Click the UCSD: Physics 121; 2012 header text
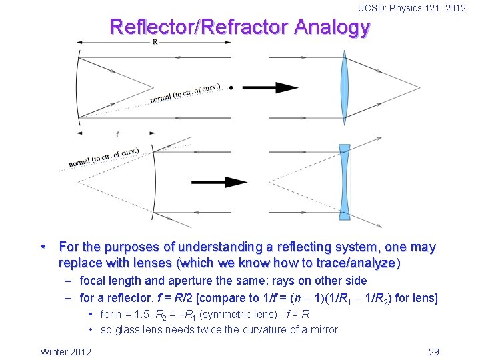click(412, 8)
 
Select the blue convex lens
click(345, 87)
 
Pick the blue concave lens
click(344, 181)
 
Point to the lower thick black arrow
click(219, 181)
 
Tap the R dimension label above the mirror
click(155, 42)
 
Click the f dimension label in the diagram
click(117, 134)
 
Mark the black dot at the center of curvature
click(231, 87)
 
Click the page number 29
click(434, 351)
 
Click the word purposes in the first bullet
click(133, 247)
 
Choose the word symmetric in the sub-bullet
click(220, 314)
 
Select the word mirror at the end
click(322, 329)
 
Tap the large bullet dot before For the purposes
click(44, 247)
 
